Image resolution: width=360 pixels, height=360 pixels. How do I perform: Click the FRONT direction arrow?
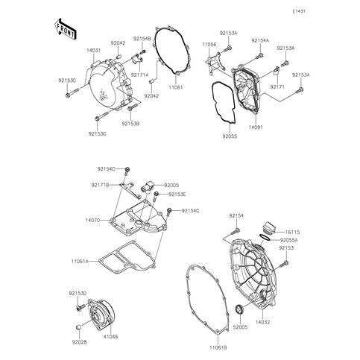click(x=65, y=29)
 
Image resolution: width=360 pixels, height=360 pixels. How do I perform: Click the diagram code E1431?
click(x=299, y=11)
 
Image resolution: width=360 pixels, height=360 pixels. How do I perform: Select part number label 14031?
click(x=93, y=51)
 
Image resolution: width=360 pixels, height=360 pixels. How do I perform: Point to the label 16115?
click(x=292, y=233)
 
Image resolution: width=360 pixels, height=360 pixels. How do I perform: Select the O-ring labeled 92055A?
click(x=265, y=237)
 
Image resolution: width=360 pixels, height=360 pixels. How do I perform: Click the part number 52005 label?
click(x=240, y=327)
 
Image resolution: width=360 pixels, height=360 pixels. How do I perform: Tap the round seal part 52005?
click(x=240, y=309)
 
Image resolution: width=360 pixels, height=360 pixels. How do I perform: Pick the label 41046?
click(x=111, y=337)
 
